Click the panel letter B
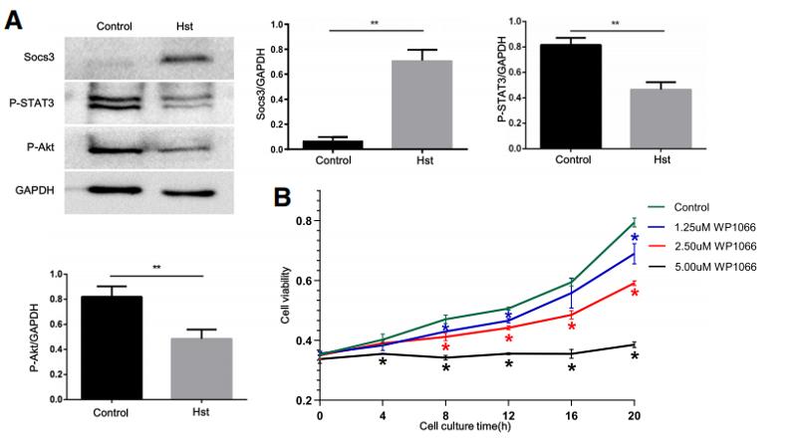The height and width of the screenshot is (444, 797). (x=283, y=196)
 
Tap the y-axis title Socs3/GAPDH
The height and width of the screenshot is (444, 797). (x=289, y=85)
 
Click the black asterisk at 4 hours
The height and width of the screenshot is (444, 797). (x=383, y=363)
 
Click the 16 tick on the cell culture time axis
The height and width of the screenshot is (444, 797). (x=571, y=413)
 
